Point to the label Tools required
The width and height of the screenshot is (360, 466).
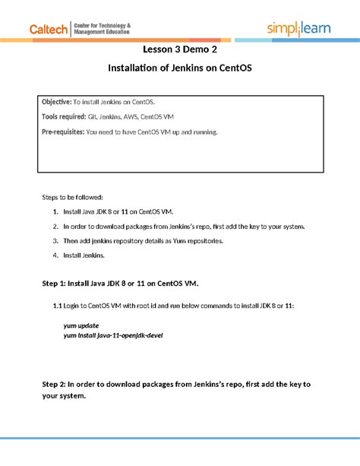pyautogui.click(x=62, y=116)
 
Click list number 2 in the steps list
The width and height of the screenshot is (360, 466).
pyautogui.click(x=55, y=226)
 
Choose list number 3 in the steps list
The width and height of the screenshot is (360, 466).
pyautogui.click(x=55, y=241)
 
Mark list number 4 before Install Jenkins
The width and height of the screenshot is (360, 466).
pyautogui.click(x=55, y=255)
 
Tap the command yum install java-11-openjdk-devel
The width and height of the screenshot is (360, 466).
pyautogui.click(x=112, y=334)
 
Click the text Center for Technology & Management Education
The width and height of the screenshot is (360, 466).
pyautogui.click(x=102, y=29)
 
